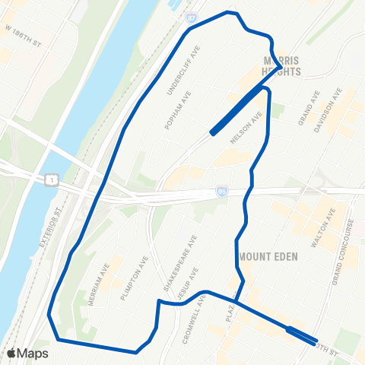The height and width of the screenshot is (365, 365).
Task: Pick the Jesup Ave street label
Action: [x=187, y=281]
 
